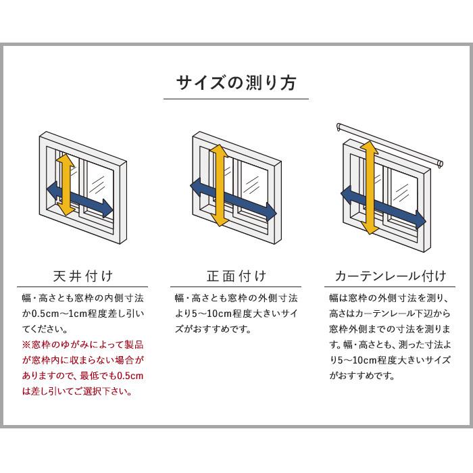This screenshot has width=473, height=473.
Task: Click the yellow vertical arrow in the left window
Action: click(64, 184)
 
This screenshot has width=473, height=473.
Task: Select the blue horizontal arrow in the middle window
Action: click(234, 199)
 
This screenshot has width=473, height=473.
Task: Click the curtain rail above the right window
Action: click(391, 145)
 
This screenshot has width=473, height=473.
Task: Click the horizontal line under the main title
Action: click(236, 99)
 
